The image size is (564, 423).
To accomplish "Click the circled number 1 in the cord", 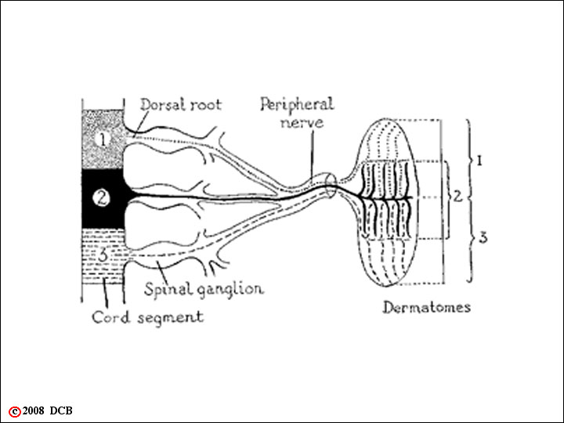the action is click(x=103, y=139).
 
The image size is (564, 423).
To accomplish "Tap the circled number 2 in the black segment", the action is click(x=101, y=197).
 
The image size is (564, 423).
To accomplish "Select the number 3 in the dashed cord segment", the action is click(x=103, y=255).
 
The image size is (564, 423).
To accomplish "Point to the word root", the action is click(x=206, y=105).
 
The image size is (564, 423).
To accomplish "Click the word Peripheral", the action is click(x=298, y=105).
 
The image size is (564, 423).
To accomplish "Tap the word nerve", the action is click(x=302, y=123).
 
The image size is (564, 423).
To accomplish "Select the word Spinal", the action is click(x=168, y=290).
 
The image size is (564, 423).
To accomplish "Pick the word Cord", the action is click(x=110, y=317).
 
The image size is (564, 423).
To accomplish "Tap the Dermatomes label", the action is click(x=427, y=308).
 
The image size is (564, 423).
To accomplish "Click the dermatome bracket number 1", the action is click(x=479, y=161).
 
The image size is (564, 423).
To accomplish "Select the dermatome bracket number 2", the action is click(x=457, y=197).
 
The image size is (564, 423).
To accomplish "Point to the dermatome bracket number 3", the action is click(x=483, y=238).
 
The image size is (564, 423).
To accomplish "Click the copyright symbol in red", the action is click(x=15, y=411).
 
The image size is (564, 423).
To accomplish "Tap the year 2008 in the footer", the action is click(x=33, y=410).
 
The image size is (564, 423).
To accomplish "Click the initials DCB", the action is click(x=61, y=410).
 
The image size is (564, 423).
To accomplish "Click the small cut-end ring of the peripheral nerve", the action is click(x=331, y=186).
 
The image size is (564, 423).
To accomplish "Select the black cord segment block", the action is click(x=103, y=198).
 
